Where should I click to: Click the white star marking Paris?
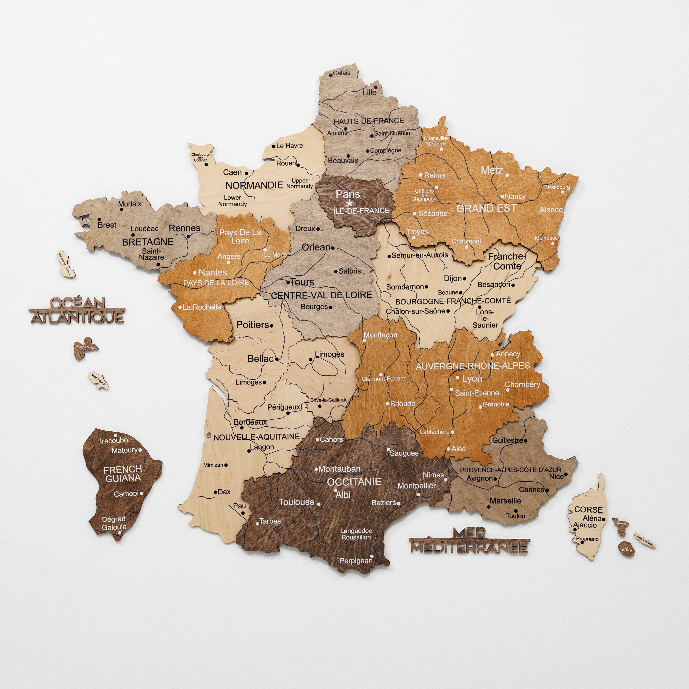tap(350, 203)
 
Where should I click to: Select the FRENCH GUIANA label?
tap(123, 474)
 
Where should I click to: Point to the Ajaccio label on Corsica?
tap(585, 525)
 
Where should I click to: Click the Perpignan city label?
tap(356, 561)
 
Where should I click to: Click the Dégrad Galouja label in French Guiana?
tap(114, 523)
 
